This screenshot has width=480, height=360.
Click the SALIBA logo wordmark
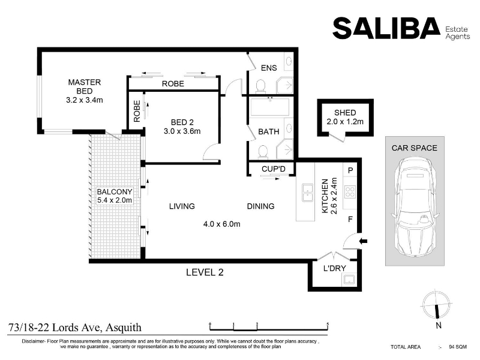click(x=386, y=28)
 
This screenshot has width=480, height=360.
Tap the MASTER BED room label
click(x=85, y=86)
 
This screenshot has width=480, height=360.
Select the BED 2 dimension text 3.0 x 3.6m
click(x=182, y=131)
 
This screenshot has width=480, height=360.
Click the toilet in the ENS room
click(x=260, y=86)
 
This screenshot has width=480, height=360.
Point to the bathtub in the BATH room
click(x=269, y=107)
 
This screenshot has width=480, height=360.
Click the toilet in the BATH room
click(x=263, y=152)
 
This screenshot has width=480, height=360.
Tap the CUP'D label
click(x=274, y=169)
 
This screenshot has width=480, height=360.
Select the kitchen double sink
click(x=307, y=193)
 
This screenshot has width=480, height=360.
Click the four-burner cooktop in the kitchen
click(x=350, y=192)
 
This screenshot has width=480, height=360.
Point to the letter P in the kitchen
click(x=350, y=170)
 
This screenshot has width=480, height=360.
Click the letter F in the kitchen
click(x=350, y=219)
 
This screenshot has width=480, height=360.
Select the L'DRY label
click(x=335, y=268)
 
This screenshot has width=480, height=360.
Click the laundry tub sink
click(x=349, y=280)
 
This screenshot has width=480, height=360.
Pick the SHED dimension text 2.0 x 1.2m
click(x=345, y=122)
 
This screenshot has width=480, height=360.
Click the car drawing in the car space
click(x=415, y=207)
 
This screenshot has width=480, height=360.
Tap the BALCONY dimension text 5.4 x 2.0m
click(x=115, y=200)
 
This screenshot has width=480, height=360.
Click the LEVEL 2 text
click(x=205, y=272)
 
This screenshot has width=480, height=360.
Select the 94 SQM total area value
click(x=458, y=347)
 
